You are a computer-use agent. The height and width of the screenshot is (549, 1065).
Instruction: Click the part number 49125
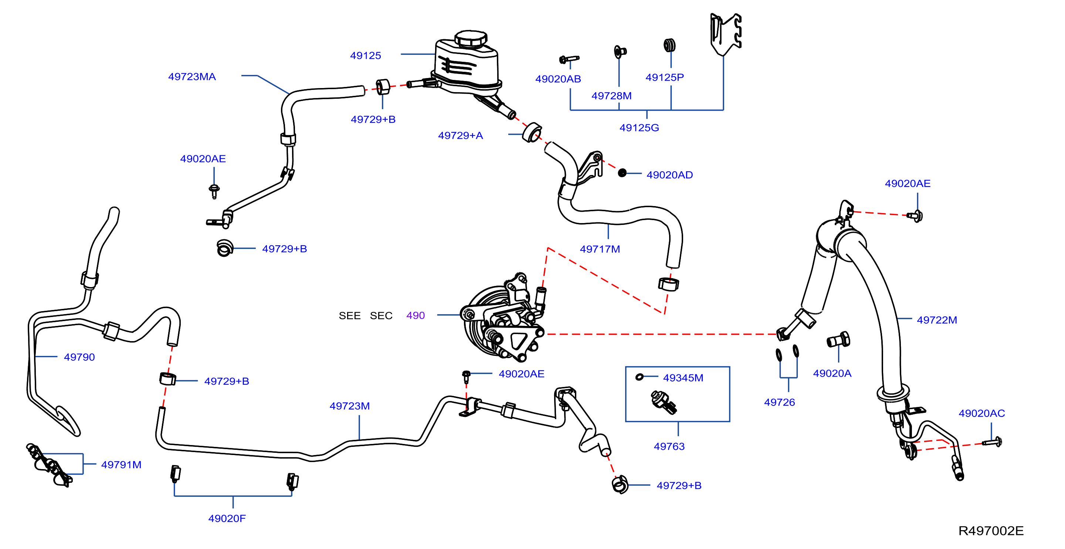366,55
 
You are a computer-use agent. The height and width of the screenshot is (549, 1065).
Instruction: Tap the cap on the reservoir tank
471,38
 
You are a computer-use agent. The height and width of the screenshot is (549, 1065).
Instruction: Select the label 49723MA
192,77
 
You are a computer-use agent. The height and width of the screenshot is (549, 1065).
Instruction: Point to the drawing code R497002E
991,531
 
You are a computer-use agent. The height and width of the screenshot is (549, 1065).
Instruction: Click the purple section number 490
416,315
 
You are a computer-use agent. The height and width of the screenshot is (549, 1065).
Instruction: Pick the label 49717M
600,249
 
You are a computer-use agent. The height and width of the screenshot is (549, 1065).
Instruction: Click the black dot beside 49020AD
622,173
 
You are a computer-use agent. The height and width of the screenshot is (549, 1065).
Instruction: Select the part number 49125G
639,128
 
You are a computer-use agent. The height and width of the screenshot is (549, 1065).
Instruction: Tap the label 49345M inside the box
683,378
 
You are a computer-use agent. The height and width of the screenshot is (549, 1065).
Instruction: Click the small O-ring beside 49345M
640,377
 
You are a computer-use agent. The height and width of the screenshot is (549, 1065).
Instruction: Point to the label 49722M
937,320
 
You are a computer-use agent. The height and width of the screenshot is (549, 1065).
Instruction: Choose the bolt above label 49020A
838,340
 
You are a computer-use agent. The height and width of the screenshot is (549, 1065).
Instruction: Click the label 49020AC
981,413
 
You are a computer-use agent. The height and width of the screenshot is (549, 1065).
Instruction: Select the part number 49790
79,357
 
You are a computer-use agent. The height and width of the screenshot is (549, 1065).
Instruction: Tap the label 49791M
121,465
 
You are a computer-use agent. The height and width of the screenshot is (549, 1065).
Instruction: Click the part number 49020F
227,518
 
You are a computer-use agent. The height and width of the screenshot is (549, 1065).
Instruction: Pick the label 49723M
349,406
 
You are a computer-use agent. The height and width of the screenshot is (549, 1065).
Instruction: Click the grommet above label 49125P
670,45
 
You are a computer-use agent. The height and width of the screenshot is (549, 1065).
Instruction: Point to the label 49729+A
461,135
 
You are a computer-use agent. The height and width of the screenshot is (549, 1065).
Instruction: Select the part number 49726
779,402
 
